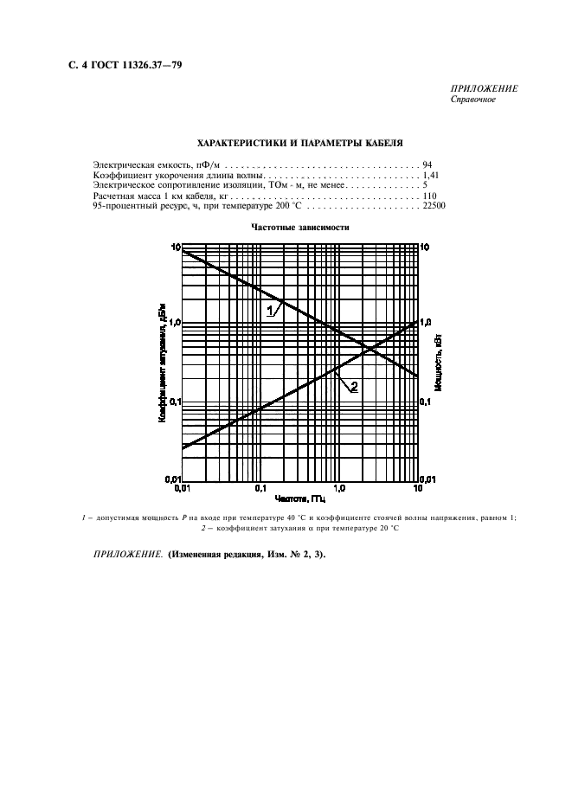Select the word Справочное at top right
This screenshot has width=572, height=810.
472,99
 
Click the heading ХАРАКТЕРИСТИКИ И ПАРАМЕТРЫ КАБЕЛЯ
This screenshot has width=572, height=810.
300,143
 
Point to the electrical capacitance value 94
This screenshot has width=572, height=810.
427,164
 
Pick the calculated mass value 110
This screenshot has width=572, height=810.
430,196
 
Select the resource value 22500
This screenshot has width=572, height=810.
434,208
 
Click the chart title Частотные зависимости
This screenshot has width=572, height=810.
300,228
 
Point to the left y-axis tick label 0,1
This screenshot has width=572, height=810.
173,402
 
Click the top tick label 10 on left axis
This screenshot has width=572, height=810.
175,247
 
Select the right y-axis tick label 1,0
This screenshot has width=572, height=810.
426,322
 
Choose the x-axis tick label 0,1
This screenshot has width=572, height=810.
260,489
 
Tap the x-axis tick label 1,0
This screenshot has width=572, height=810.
339,489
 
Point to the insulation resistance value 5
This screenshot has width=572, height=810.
425,185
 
